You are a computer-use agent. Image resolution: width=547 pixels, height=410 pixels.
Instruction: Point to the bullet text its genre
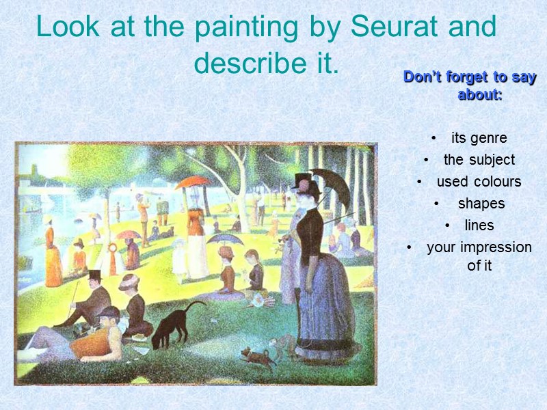coord(479,138)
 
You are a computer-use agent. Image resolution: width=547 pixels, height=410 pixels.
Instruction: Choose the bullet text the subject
coord(479,160)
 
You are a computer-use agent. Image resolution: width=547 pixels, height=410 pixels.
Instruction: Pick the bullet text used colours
coord(479,182)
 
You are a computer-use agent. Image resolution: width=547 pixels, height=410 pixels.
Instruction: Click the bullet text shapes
coord(481,204)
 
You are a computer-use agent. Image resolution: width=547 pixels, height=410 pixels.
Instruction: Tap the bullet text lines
coord(479,225)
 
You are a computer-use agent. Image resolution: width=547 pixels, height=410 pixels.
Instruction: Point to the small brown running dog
coord(258,357)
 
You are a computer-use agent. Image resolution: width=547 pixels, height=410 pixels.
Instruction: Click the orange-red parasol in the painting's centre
coord(193,182)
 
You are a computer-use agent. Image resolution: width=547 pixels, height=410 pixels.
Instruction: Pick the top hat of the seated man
coord(94,275)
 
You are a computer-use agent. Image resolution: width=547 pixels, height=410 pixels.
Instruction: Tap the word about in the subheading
coord(480,95)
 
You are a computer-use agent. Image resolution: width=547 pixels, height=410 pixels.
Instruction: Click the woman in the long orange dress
coord(53,256)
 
